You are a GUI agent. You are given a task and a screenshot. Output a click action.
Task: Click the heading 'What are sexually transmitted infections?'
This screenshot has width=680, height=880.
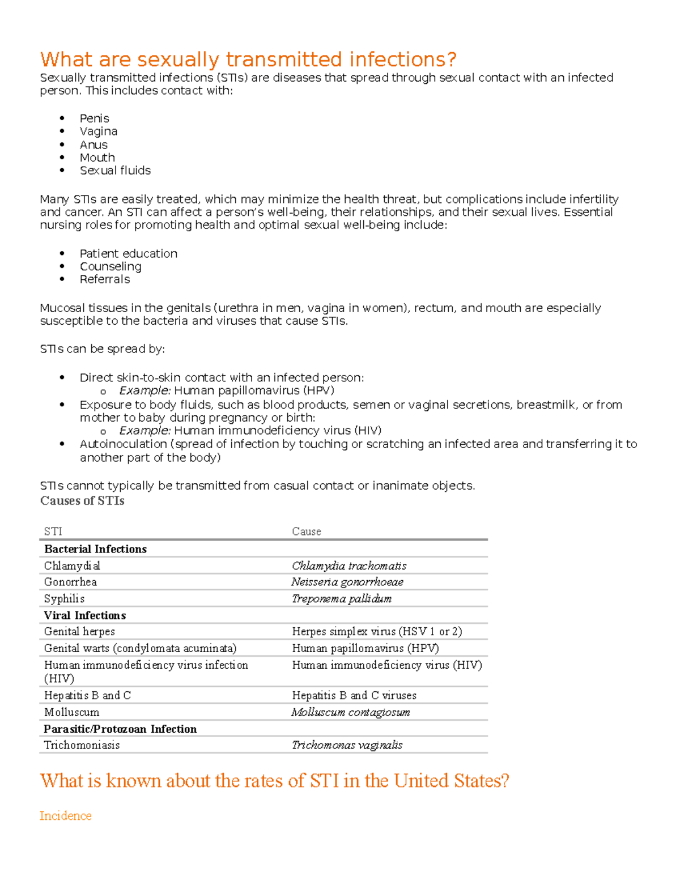[248, 59]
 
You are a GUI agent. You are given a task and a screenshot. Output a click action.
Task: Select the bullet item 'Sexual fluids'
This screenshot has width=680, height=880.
[115, 171]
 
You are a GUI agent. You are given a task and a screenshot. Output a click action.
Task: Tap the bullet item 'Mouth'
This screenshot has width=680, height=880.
[97, 158]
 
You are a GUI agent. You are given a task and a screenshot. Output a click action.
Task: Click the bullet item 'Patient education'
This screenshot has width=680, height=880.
[128, 253]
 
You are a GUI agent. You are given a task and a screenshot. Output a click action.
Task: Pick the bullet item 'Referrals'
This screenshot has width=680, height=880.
[104, 279]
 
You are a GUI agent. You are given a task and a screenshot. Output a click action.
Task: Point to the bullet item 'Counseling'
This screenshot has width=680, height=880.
[110, 266]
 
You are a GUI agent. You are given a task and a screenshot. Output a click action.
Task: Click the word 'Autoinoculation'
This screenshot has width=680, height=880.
[123, 444]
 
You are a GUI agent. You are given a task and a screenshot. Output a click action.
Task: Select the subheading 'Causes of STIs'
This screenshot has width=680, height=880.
[82, 501]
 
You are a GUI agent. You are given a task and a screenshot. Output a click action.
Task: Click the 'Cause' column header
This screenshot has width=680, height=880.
[307, 532]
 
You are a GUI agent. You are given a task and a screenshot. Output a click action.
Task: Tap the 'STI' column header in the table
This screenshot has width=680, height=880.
[53, 532]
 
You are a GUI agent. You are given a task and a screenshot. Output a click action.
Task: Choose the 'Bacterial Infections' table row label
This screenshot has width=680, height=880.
[95, 549]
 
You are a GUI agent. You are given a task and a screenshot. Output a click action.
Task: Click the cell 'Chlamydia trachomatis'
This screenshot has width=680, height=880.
[349, 566]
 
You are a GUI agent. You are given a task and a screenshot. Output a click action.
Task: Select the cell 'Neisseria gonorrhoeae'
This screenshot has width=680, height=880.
[347, 582]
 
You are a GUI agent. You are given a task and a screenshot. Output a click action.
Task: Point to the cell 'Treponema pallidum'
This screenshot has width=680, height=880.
[342, 599]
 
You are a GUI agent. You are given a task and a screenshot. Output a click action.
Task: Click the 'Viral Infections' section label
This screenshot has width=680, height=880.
[85, 615]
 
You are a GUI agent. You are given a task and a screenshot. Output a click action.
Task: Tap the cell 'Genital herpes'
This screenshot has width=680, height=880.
[79, 631]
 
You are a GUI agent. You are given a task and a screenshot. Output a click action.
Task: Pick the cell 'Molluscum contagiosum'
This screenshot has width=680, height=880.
[351, 712]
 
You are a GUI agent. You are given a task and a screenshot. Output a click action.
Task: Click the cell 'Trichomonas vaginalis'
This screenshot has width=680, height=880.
[347, 745]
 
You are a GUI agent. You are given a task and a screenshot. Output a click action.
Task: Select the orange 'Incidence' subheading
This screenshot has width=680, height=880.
[66, 816]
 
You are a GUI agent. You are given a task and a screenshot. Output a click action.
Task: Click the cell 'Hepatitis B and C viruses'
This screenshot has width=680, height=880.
[354, 695]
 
